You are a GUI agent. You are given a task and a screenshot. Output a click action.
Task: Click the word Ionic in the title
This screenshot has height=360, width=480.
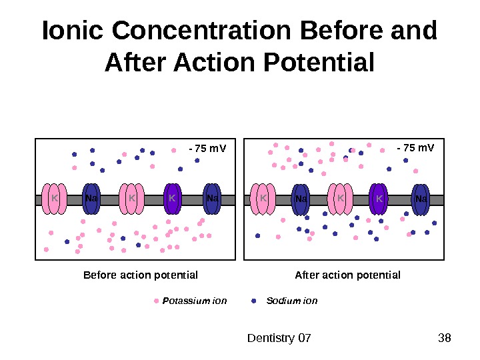click(73, 31)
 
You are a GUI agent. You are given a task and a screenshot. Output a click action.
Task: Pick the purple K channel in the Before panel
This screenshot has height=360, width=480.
click(173, 199)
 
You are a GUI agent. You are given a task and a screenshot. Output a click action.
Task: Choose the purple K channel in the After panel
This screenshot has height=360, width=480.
click(379, 199)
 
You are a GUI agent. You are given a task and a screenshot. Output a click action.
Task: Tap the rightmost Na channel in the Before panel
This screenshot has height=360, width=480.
click(213, 199)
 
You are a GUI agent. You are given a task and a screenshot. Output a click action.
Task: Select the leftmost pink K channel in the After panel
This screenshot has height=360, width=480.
click(263, 199)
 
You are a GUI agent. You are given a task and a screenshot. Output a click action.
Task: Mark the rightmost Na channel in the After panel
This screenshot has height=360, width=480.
click(421, 199)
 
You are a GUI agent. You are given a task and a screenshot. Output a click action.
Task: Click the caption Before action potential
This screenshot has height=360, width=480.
click(140, 275)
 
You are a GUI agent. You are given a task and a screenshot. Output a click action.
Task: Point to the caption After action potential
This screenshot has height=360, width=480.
click(347, 275)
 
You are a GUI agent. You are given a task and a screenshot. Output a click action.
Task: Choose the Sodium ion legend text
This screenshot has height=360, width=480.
click(291, 301)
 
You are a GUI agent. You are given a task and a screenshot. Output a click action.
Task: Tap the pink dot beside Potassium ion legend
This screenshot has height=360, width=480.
click(157, 301)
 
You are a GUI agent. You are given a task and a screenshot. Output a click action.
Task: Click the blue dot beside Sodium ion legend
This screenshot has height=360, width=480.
click(253, 301)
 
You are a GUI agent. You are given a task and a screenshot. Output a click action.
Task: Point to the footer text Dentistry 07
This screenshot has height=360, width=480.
click(279, 338)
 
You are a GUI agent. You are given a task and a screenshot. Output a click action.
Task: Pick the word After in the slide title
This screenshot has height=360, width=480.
click(136, 63)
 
